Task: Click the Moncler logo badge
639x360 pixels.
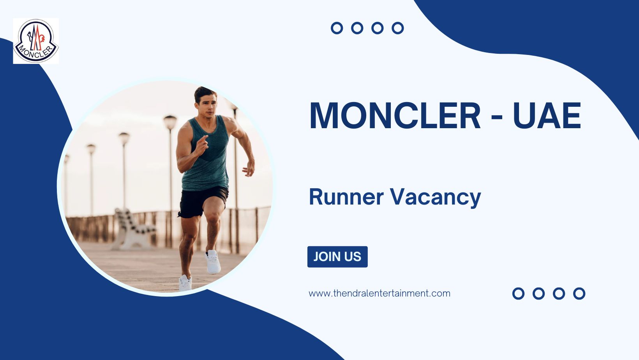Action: (36, 41)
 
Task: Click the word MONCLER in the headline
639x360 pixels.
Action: (395, 116)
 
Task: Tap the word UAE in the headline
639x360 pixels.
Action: (547, 116)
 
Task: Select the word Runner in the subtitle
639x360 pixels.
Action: (346, 197)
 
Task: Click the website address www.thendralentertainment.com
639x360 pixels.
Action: (379, 293)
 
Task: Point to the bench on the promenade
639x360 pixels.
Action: (132, 230)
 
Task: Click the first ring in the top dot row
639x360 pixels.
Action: (337, 28)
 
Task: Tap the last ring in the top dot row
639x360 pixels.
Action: (397, 28)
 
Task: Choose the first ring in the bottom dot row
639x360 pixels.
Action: (518, 293)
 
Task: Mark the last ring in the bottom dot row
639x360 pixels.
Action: (579, 293)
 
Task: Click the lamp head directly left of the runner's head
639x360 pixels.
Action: (170, 122)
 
